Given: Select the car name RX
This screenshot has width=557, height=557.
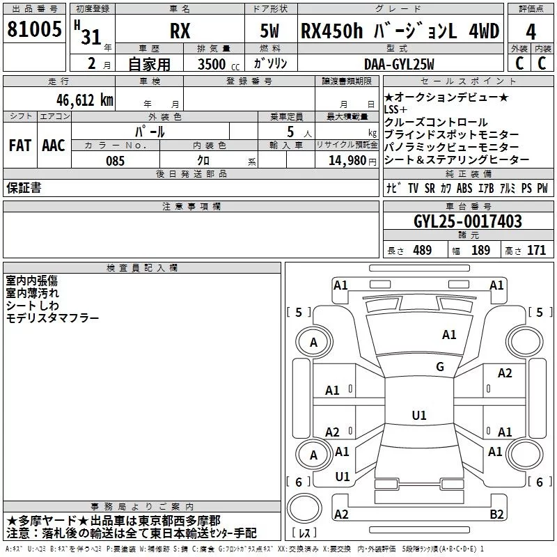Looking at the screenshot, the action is [x=180, y=32].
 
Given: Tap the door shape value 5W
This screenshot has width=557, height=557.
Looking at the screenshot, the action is [x=270, y=32].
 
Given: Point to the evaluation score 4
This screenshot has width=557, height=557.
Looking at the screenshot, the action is [x=531, y=32].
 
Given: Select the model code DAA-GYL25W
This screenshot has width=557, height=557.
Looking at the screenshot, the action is [x=399, y=64].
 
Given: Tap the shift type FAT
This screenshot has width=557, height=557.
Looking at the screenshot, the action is [x=20, y=146].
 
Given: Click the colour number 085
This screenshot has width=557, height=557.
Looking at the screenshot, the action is [x=115, y=161].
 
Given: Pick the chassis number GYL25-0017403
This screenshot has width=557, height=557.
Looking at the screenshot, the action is [x=467, y=222].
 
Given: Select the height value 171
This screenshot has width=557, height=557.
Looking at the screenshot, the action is [x=536, y=251].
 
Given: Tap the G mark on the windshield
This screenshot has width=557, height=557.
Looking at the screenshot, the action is [x=439, y=367].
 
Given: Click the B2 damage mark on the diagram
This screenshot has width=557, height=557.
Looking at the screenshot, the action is [x=496, y=514].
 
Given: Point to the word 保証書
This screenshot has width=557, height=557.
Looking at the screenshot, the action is [x=24, y=187].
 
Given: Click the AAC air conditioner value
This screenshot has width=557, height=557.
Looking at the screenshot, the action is [x=54, y=146].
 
